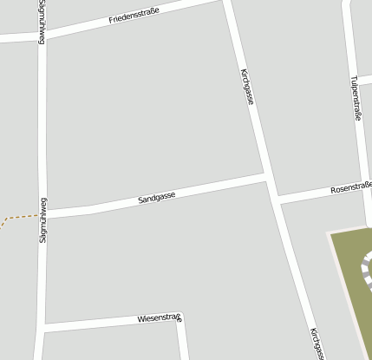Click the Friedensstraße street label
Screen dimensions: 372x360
point(134,16)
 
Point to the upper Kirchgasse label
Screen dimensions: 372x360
point(247,87)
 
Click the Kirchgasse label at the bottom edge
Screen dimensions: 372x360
point(317,344)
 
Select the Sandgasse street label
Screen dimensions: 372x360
point(156,198)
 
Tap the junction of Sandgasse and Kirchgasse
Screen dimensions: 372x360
point(266,178)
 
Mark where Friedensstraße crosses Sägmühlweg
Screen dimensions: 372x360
point(42,36)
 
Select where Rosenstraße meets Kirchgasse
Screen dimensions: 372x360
point(276,199)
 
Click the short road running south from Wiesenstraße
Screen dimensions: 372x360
point(184,343)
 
